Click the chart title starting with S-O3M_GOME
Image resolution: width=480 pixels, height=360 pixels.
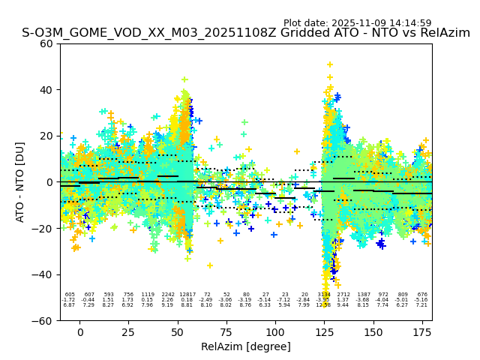pos(246,33)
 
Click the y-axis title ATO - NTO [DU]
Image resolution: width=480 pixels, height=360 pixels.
pos(20,182)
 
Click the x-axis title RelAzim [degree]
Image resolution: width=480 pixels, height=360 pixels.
pos(246,346)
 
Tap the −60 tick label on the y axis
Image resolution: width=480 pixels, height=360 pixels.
pos(45,320)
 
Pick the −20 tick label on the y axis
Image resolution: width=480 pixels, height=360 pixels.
pos(45,228)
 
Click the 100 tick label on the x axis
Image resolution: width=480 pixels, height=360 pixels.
pos(275,331)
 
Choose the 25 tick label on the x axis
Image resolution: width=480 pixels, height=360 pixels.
pos(129,331)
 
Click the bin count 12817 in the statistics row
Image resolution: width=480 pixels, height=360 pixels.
pos(187,295)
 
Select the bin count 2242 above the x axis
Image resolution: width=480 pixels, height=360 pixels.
pos(168,295)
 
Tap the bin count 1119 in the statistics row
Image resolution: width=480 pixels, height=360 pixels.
pos(148,295)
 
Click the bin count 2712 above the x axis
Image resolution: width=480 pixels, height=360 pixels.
pos(343,295)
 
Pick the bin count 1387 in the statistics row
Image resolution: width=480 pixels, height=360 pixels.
pos(364,295)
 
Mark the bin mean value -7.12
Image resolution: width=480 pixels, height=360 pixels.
pos(284,300)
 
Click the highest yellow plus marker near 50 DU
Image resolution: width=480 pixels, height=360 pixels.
pos(329,64)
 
